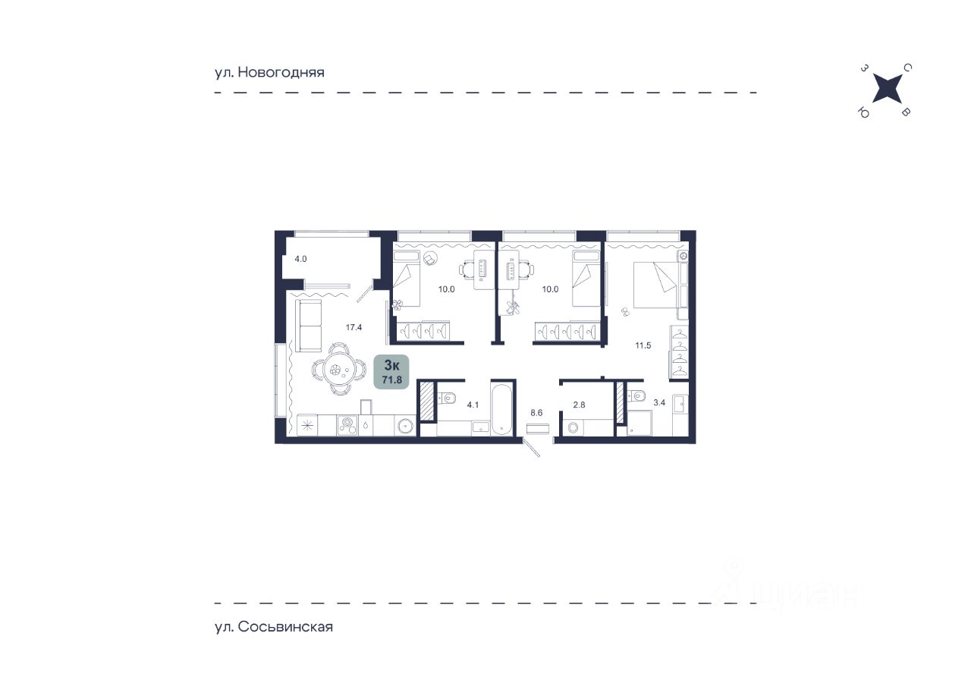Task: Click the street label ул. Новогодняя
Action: tap(269, 72)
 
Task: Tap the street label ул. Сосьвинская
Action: tap(274, 627)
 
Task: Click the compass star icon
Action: tap(887, 89)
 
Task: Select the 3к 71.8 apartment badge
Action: tap(391, 372)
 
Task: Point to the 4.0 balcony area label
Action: tap(300, 259)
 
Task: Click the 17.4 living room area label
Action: tap(354, 327)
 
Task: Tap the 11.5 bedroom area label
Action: tap(643, 345)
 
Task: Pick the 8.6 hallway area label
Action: tap(536, 413)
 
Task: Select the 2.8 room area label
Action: tap(579, 405)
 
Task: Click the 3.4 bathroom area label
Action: tap(659, 403)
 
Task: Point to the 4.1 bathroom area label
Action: tap(473, 405)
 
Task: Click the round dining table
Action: tap(339, 370)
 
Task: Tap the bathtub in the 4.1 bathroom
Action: tap(502, 408)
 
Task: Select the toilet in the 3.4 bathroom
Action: tap(636, 395)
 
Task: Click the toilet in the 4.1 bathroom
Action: tap(445, 397)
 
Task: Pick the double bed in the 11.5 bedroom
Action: tap(660, 285)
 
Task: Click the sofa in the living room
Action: tap(309, 326)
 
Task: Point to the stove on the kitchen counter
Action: tap(347, 425)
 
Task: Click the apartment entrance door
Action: tap(531, 447)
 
